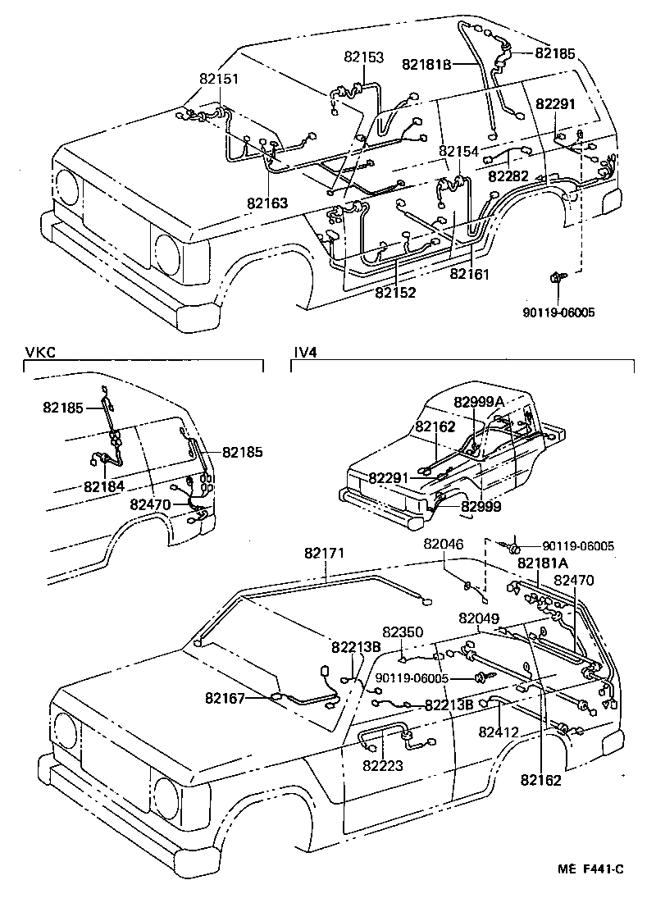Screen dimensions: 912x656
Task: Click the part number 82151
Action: tap(219, 79)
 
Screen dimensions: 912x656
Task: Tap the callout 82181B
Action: tap(426, 64)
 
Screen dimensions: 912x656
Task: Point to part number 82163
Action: tap(268, 202)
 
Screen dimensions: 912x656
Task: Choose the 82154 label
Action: tap(458, 152)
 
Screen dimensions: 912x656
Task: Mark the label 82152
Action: tap(396, 291)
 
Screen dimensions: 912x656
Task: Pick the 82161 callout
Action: tap(469, 275)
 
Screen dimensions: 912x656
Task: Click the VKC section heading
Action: tap(36, 353)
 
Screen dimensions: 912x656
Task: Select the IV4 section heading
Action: tap(305, 353)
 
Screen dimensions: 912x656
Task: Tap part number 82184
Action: tap(103, 486)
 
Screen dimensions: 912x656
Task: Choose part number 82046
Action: tap(443, 544)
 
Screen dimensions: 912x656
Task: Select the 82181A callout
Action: tap(543, 563)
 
